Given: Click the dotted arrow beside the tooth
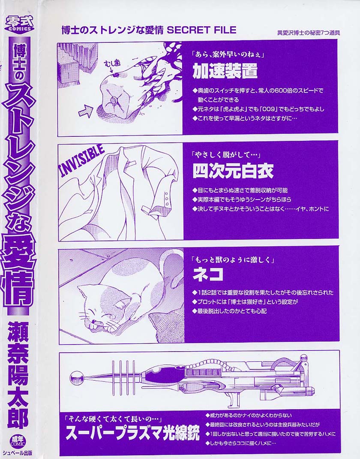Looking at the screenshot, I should tap(86, 111).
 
